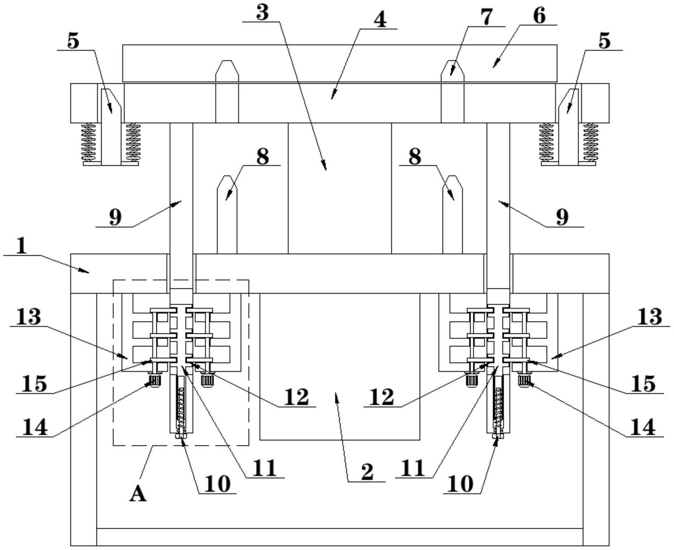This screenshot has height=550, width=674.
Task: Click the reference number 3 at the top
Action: [262, 13]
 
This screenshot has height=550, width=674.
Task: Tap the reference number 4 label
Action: [380, 20]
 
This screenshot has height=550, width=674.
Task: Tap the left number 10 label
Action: [218, 484]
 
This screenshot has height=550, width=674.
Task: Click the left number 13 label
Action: [28, 317]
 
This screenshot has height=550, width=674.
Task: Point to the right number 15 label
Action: [643, 384]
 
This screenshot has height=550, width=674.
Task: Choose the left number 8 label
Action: [262, 157]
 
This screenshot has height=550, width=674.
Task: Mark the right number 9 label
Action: [562, 218]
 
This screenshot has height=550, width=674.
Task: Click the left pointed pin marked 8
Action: [227, 215]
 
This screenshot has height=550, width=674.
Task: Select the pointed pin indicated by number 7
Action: [452, 91]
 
